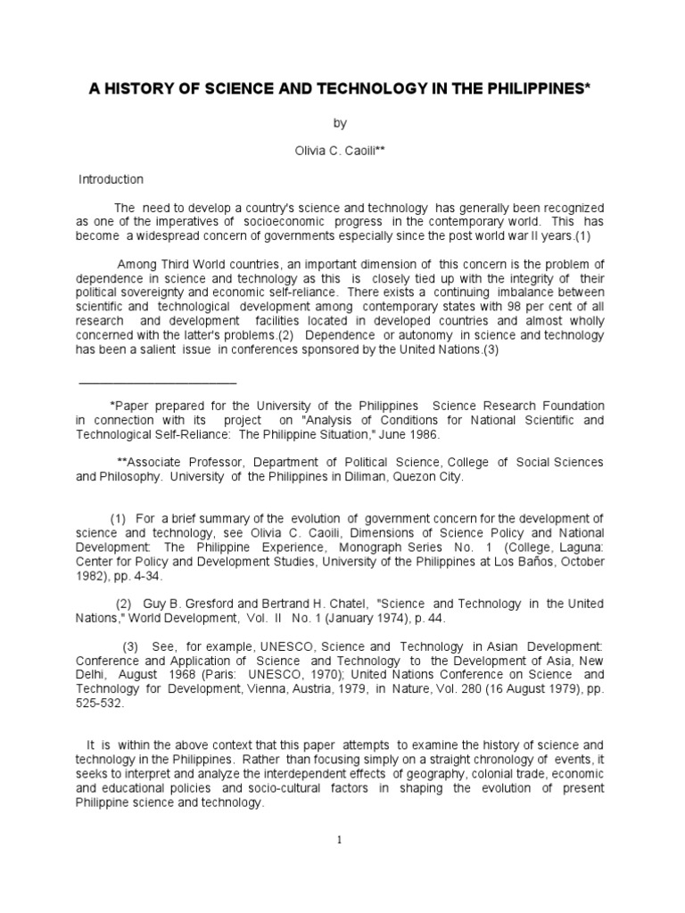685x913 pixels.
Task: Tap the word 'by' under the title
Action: click(x=342, y=123)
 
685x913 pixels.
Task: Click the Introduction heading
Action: click(x=111, y=179)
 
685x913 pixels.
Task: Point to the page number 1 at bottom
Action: click(x=342, y=839)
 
